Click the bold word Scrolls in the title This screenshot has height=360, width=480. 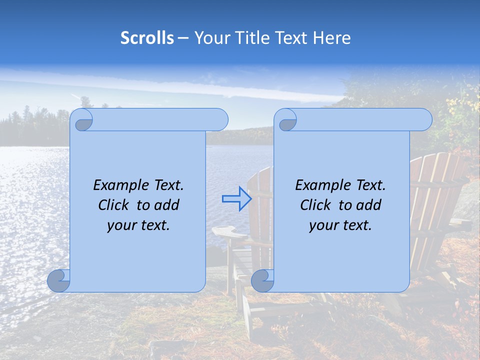point(147,38)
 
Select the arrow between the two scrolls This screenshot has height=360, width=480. point(236,199)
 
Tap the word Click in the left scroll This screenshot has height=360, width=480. point(115,205)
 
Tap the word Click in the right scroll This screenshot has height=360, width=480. point(317,205)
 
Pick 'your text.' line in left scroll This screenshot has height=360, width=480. point(138,225)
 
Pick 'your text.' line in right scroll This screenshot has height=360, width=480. point(340,225)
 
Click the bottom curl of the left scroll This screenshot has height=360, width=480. point(59,281)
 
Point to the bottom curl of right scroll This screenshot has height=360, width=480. point(262,281)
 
